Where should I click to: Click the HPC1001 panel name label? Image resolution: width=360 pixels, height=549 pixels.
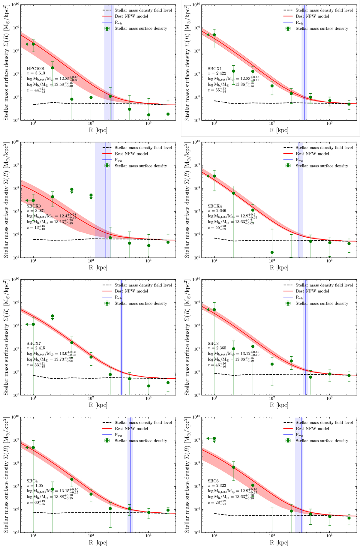coord(36,69)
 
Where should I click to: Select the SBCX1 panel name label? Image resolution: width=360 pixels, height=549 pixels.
coord(215,69)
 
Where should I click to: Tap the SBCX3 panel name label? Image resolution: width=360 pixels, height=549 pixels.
coord(34,206)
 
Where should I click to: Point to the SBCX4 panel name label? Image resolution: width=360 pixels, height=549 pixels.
coord(215,206)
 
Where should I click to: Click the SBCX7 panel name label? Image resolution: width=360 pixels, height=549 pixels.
coord(34,343)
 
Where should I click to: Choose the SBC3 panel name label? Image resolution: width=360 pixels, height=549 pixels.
coord(213,343)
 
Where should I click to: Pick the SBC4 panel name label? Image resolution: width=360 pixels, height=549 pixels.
coord(32,481)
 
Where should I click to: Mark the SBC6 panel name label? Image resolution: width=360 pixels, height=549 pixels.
coord(213,481)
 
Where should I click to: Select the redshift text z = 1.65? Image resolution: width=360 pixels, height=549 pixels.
coord(35,486)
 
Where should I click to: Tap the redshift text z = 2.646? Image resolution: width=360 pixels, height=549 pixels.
coord(217,211)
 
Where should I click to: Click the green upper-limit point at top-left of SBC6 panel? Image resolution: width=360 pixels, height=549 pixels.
coord(214,439)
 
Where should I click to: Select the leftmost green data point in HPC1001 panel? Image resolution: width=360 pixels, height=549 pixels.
coord(33,44)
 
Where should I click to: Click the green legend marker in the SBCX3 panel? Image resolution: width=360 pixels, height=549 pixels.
coord(107,166)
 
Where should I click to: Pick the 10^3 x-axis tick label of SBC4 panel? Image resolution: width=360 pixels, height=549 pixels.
coord(148,536)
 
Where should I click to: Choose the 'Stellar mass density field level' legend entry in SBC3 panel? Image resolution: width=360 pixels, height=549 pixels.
coord(324,285)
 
